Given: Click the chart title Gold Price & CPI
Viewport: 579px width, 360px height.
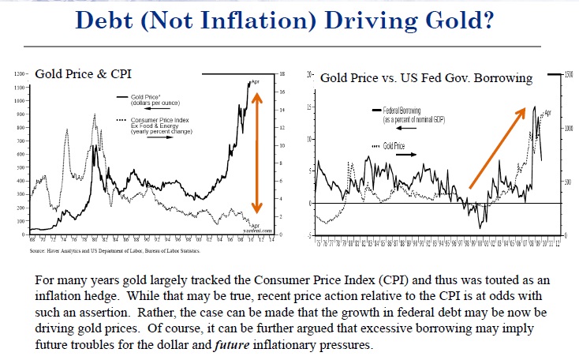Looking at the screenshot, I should coord(76,75).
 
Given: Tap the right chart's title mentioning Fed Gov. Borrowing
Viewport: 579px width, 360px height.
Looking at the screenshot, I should coord(426,77).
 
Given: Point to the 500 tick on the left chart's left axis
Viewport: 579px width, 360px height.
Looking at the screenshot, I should coord(22,167).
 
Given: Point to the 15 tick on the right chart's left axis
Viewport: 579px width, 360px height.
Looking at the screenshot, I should coord(310,107).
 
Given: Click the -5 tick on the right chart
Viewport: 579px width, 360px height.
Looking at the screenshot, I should coord(310,235).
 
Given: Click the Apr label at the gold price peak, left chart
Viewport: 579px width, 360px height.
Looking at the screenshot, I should coord(255,82).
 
